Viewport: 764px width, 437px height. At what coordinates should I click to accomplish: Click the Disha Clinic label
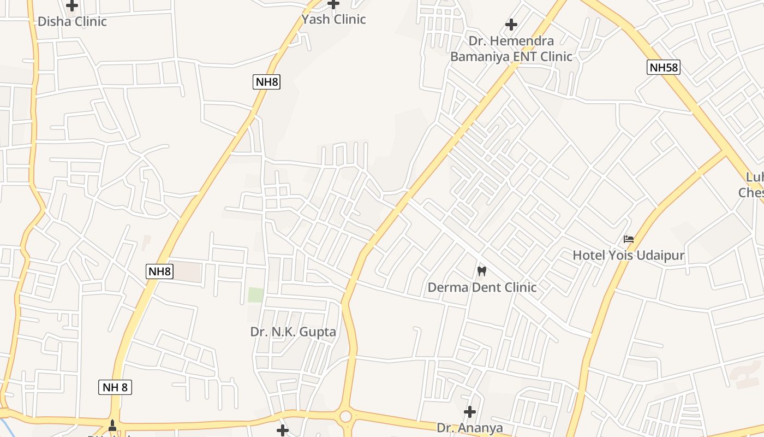(x=72, y=22)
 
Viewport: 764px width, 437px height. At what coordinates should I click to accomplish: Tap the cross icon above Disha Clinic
(x=72, y=6)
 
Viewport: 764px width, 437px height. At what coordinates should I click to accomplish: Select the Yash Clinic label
(x=333, y=20)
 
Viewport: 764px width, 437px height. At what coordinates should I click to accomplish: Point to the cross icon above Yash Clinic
(x=333, y=4)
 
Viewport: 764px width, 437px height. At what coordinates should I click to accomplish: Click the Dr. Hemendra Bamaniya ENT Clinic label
(x=511, y=49)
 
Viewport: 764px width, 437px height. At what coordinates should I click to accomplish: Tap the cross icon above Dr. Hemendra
(x=511, y=25)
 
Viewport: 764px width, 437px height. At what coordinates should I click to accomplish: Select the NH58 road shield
(x=664, y=68)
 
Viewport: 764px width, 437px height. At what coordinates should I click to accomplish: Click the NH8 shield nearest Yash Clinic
(x=267, y=82)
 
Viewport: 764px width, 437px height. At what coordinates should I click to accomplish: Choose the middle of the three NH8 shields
(x=159, y=271)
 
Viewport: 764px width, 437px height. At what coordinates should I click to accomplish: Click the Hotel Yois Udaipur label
(x=628, y=255)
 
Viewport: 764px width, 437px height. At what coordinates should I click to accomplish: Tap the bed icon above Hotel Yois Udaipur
(x=629, y=239)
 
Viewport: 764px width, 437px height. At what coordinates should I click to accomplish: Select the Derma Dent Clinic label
(x=482, y=287)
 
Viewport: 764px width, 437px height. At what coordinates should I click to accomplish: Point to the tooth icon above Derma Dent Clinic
(x=481, y=270)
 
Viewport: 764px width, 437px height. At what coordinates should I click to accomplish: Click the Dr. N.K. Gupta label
(x=293, y=332)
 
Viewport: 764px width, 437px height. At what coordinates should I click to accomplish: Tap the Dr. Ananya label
(x=469, y=428)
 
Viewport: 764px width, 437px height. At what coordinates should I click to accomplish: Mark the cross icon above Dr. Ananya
(x=469, y=411)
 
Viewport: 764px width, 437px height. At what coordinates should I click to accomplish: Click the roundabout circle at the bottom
(x=345, y=417)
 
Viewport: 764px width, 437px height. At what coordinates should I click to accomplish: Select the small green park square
(x=255, y=295)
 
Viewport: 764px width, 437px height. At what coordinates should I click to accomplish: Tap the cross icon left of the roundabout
(x=282, y=430)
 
